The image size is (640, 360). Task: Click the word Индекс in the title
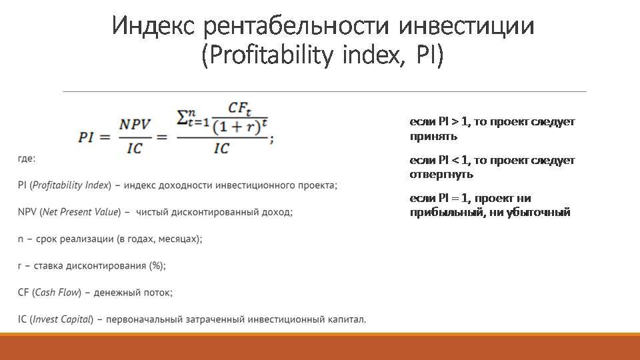pyautogui.click(x=153, y=25)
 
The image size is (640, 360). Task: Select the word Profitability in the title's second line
pyautogui.click(x=272, y=55)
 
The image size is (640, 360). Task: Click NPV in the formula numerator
pyautogui.click(x=135, y=125)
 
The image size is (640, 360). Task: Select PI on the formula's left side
pyautogui.click(x=87, y=137)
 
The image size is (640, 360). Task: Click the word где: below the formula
pyautogui.click(x=27, y=159)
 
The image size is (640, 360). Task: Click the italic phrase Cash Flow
pyautogui.click(x=57, y=292)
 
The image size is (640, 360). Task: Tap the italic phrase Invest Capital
pyautogui.click(x=61, y=319)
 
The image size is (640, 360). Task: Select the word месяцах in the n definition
pyautogui.click(x=177, y=239)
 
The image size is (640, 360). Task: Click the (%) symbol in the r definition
pyautogui.click(x=156, y=266)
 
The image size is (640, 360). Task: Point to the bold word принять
pyautogui.click(x=433, y=136)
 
